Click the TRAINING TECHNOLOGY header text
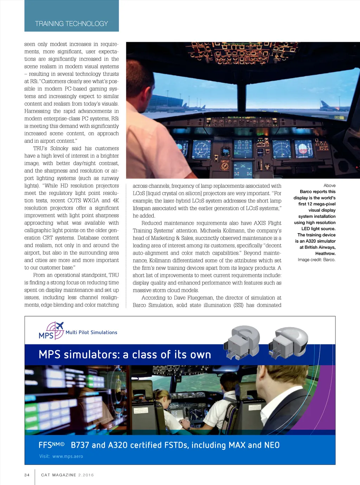[x=71, y=24]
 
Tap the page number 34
[x=27, y=475]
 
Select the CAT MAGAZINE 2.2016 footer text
[x=67, y=475]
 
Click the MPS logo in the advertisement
[x=51, y=331]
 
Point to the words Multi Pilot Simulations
[x=91, y=332]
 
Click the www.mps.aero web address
[x=68, y=456]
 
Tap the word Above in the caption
[x=329, y=185]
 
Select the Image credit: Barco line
[x=316, y=260]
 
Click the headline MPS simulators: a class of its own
[x=125, y=355]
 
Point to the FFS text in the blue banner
[x=45, y=445]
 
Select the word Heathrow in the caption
[x=325, y=253]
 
